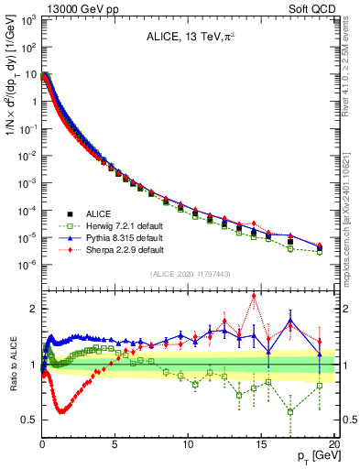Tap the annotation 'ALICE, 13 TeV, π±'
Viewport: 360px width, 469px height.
point(190,38)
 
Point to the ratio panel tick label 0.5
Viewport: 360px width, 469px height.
point(29,420)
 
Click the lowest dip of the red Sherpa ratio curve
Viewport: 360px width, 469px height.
point(61,411)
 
